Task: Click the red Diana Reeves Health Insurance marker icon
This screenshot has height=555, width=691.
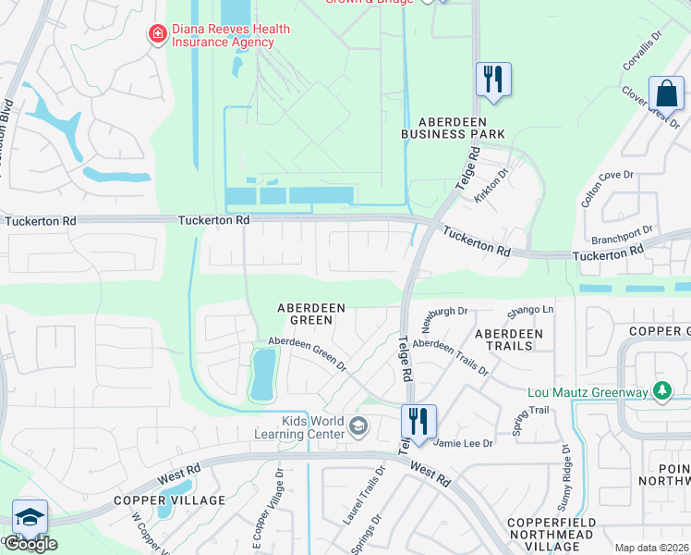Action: pos(158,34)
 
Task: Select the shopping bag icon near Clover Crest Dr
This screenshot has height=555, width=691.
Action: pos(666,93)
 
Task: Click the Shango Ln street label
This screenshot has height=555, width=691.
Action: pos(536,310)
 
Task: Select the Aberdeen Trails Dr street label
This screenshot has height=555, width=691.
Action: pos(451,354)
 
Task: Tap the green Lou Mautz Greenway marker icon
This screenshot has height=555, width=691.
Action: pos(661,392)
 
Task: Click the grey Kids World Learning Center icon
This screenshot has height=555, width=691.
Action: pos(358,426)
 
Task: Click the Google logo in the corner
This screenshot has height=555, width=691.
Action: pos(30,544)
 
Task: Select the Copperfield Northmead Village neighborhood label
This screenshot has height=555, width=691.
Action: pos(557,536)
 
